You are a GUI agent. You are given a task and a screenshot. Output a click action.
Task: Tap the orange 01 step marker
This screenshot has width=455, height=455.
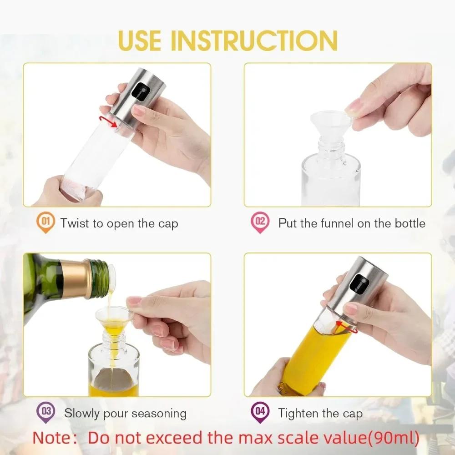click(x=45, y=223)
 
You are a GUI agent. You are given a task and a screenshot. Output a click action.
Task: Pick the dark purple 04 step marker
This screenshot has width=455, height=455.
click(x=259, y=412)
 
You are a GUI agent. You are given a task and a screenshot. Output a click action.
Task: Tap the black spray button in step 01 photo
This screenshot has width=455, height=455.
click(x=138, y=93)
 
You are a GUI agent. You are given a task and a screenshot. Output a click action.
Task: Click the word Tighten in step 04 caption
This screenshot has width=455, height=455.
click(x=298, y=413)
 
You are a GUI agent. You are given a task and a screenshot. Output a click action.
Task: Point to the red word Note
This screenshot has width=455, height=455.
click(x=54, y=438)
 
